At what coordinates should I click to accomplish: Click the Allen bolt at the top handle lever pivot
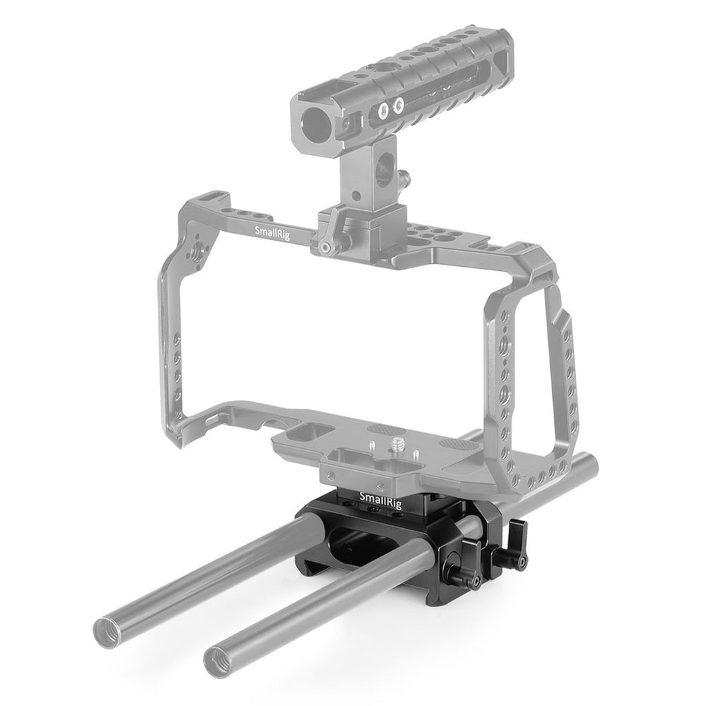point(324,247)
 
